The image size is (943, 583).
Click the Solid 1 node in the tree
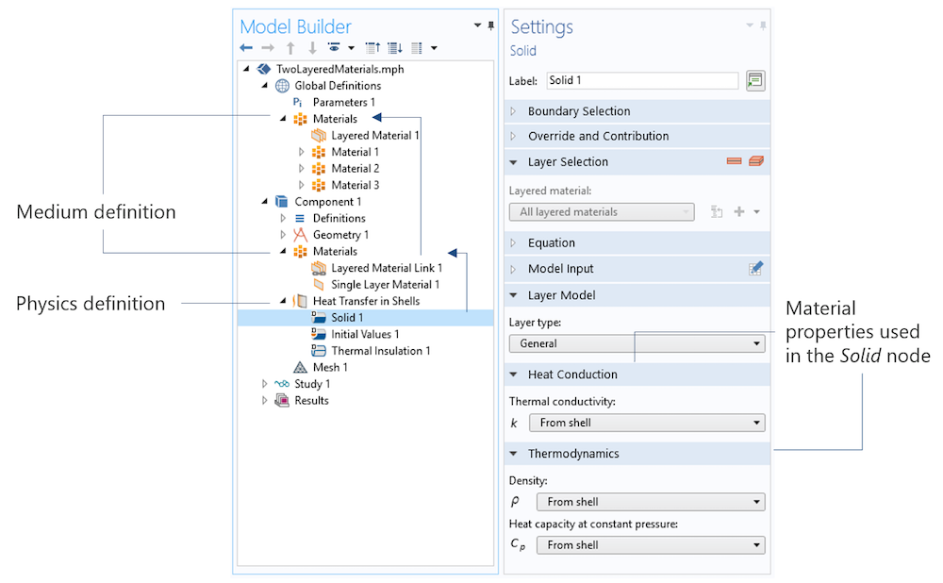coord(347,318)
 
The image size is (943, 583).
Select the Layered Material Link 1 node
coord(387,268)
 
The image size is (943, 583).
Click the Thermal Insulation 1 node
coord(381,351)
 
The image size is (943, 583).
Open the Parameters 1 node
coord(343,102)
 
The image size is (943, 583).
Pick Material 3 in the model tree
coord(355,185)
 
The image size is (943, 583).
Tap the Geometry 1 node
coord(340,235)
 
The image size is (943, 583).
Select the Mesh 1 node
coord(329,367)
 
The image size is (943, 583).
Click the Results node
coord(311,401)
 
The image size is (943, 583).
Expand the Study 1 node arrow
coord(264,383)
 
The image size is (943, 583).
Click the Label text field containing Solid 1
coord(642,80)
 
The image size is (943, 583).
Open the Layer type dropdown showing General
coord(637,343)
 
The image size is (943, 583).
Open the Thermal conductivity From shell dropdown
coord(647,423)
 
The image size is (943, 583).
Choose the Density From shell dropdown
coord(651,502)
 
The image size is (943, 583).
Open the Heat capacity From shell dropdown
coord(651,545)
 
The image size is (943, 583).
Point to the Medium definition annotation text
coord(96,211)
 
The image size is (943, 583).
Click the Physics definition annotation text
coord(91,304)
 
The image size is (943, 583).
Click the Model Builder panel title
coord(295,26)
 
